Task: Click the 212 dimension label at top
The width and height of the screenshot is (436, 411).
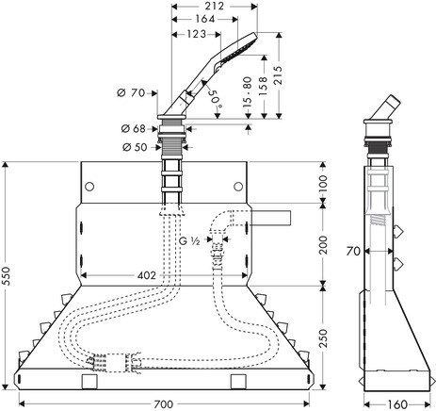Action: pyautogui.click(x=215, y=6)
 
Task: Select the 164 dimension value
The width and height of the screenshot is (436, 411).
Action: pyautogui.click(x=205, y=19)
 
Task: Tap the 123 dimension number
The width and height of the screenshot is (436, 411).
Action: pyautogui.click(x=196, y=34)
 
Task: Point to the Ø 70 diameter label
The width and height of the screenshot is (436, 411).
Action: pyautogui.click(x=131, y=93)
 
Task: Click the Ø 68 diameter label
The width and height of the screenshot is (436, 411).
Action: pyautogui.click(x=133, y=128)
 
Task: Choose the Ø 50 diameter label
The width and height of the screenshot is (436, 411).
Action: pyautogui.click(x=135, y=147)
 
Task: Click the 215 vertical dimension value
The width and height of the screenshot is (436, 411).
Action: pyautogui.click(x=278, y=74)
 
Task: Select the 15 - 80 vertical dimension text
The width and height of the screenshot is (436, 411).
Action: pyautogui.click(x=248, y=91)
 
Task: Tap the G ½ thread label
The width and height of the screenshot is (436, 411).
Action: pyautogui.click(x=189, y=241)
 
